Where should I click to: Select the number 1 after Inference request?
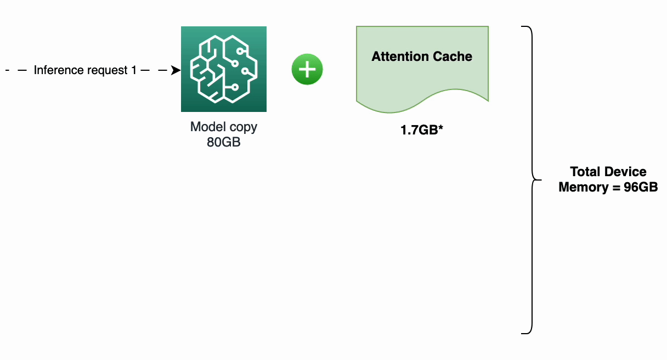pyautogui.click(x=134, y=70)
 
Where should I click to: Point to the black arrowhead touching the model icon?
pyautogui.click(x=176, y=70)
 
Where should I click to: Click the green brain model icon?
pyautogui.click(x=224, y=69)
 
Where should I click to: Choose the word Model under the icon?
pyautogui.click(x=206, y=127)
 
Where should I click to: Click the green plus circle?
pyautogui.click(x=307, y=70)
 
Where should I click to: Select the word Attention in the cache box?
pyautogui.click(x=398, y=57)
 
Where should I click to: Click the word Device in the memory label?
pyautogui.click(x=626, y=172)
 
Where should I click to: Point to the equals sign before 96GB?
pyautogui.click(x=615, y=187)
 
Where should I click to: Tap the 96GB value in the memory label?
pyautogui.click(x=641, y=187)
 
